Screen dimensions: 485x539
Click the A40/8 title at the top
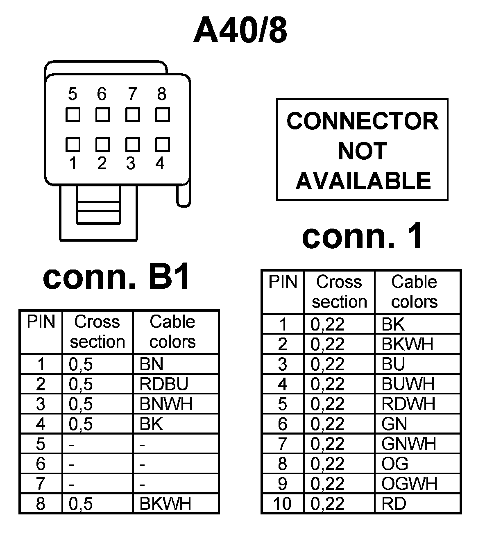pos(240,31)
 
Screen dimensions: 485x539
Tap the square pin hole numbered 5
pos(73,115)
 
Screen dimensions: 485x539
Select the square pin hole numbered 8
pos(163,115)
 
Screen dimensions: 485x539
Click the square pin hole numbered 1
pos(73,145)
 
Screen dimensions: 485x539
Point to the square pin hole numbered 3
pos(133,145)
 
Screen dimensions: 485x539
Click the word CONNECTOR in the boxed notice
pos(363,121)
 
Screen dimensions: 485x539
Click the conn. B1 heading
pos(117,277)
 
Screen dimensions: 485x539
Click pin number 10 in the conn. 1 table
pos(282,504)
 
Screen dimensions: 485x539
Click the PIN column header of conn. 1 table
pos(283,283)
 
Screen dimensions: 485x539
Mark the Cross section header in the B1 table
pos(97,332)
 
